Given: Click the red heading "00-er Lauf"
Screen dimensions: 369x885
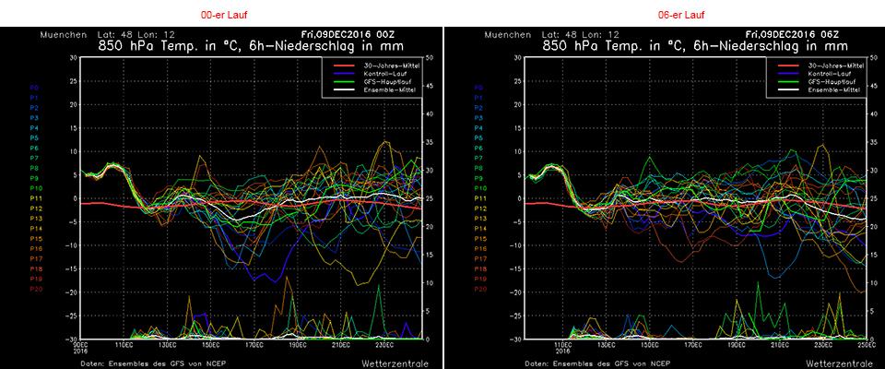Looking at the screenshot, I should pyautogui.click(x=222, y=16).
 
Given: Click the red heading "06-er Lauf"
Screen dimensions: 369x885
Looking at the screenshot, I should pyautogui.click(x=664, y=16).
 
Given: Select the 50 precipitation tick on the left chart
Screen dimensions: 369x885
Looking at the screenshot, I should pyautogui.click(x=430, y=57).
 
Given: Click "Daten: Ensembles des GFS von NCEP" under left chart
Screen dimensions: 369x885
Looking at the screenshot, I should pyautogui.click(x=144, y=363).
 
